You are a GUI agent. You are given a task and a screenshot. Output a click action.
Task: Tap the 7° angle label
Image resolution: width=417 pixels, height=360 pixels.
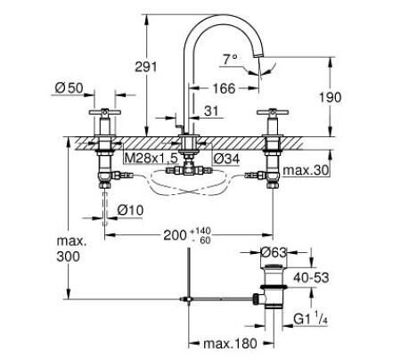point(206,60)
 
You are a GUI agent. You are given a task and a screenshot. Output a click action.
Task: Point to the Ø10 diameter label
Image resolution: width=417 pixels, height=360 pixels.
point(130,209)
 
